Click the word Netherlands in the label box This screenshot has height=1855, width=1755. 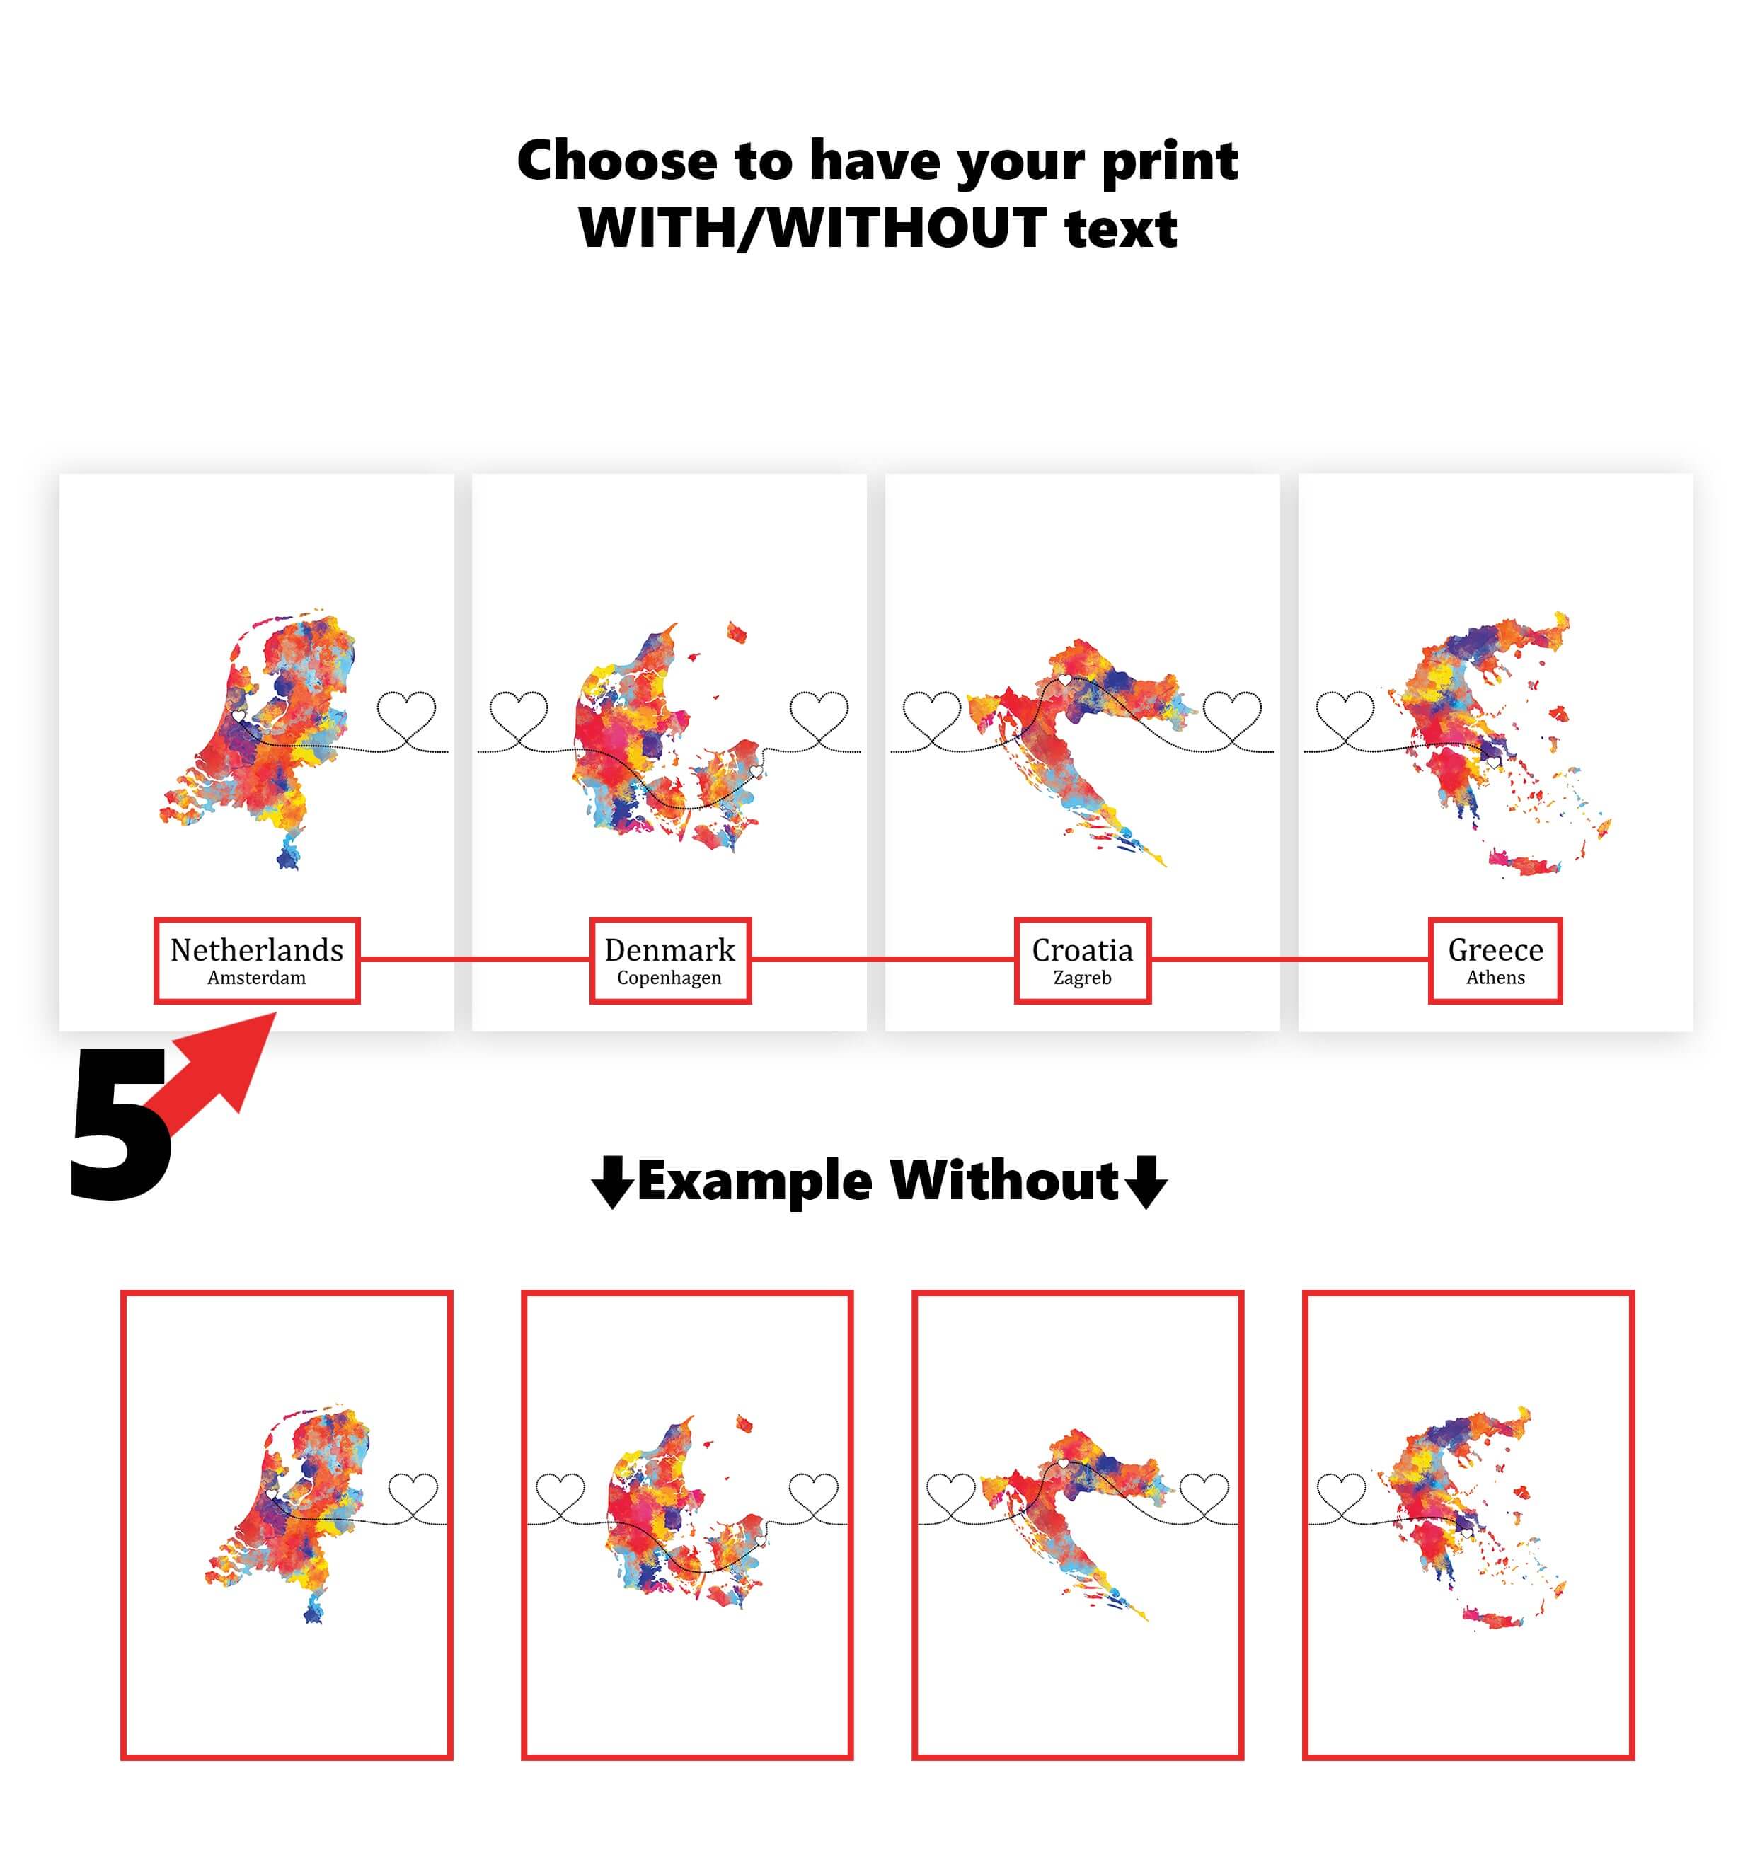pos(256,949)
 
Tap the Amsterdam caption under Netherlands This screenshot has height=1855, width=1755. pos(256,978)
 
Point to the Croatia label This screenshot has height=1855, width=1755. pos(1083,949)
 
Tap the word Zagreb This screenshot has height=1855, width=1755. pos(1083,978)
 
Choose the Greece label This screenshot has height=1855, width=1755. pos(1495,949)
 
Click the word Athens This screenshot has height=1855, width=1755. pos(1495,978)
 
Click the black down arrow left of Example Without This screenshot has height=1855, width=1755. pos(613,1182)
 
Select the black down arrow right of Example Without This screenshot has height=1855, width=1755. pos(1145,1182)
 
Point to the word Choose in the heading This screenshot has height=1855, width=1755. pos(617,160)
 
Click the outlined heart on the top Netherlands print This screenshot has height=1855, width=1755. pos(406,716)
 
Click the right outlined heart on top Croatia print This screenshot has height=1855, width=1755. pos(1232,716)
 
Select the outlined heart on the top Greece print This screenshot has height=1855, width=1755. pos(1345,716)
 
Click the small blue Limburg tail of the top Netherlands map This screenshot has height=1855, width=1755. pos(288,853)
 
